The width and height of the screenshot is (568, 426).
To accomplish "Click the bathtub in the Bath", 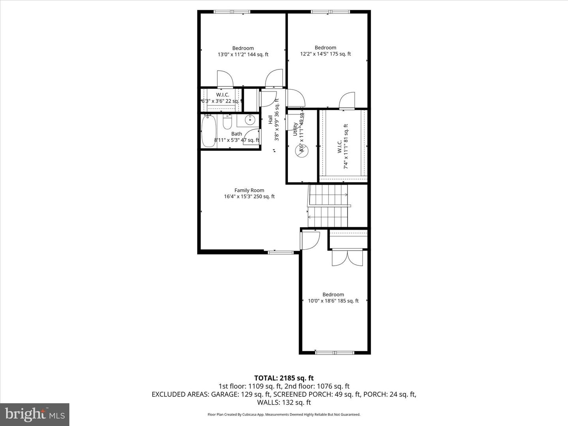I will click(209, 131).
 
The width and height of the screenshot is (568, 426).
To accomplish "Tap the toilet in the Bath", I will click(227, 123).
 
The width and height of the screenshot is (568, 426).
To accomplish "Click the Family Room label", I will click(249, 190).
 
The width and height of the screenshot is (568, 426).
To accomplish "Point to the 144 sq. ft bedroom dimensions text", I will click(243, 54).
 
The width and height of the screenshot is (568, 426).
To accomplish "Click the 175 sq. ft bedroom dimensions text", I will click(325, 54).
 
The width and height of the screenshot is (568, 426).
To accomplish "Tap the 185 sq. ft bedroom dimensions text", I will click(333, 301).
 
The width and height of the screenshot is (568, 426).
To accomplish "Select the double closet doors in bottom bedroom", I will click(340, 258).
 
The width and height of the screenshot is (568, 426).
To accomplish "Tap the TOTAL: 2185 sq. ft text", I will click(284, 378).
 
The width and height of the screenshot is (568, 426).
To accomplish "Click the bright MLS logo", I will click(35, 414).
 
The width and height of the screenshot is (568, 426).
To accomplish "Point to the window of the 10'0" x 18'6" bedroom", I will click(334, 352).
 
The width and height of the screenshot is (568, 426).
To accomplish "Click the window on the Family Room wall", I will click(278, 252).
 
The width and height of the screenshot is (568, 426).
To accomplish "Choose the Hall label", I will click(271, 120).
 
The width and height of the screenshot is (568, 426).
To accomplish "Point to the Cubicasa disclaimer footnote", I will click(284, 415).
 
